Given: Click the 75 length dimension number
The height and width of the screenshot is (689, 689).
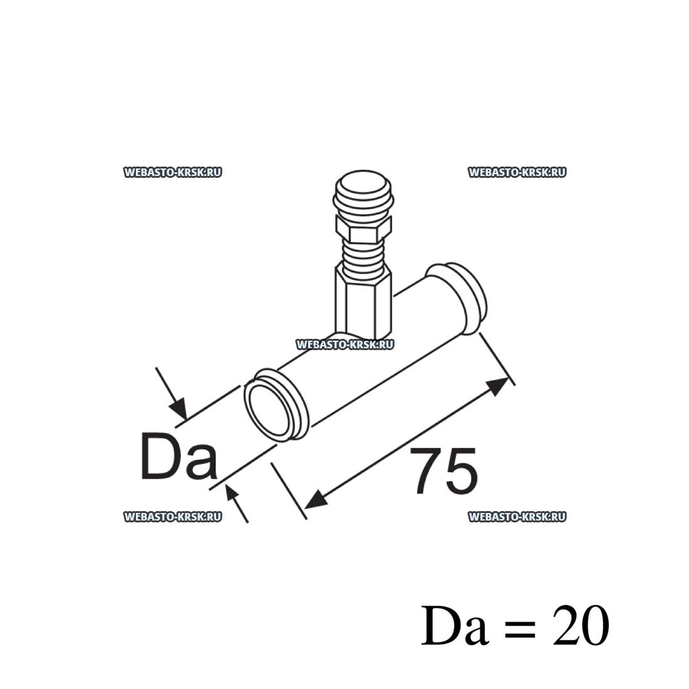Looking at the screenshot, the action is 445,470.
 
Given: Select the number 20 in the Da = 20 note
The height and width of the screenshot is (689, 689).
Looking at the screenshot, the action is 581,625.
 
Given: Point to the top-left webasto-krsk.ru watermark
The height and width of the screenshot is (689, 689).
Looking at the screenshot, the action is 172,172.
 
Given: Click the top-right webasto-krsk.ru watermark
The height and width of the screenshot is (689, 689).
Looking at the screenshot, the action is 517,172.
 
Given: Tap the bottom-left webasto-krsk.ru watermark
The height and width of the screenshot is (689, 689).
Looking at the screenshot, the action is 172,517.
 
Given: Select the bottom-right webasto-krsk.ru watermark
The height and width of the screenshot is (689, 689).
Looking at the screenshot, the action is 517,517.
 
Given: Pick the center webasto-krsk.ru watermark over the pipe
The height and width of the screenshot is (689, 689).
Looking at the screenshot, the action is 344,344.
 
